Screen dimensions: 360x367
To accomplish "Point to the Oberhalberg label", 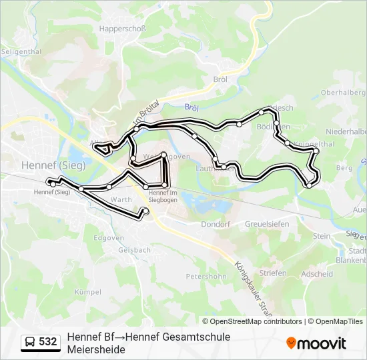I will pyautogui.click(x=342, y=93).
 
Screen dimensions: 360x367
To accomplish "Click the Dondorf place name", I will pyautogui.click(x=215, y=225).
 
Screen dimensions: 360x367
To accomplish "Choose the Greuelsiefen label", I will pyautogui.click(x=267, y=225).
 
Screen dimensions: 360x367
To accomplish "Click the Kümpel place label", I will pyautogui.click(x=88, y=292).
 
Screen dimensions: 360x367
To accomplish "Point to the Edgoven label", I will pyautogui.click(x=109, y=238).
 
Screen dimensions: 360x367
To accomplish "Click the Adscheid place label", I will pyautogui.click(x=317, y=273).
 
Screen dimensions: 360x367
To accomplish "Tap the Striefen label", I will pyautogui.click(x=274, y=273).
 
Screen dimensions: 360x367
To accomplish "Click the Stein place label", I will pyautogui.click(x=322, y=236).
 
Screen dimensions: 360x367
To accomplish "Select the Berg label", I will pyautogui.click(x=344, y=169).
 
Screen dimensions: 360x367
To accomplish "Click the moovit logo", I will pyautogui.click(x=316, y=343).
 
